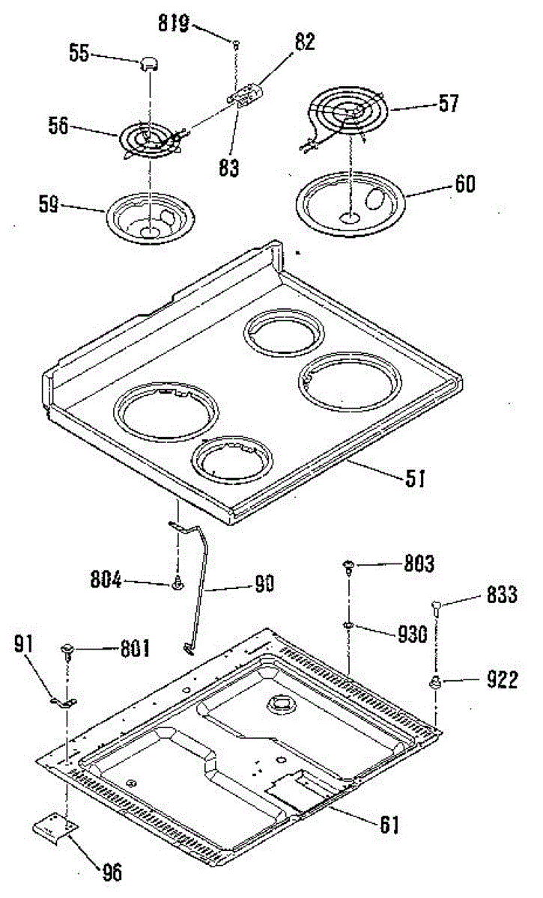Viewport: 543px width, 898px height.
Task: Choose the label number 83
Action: (x=229, y=168)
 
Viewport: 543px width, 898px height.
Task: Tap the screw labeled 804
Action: (x=179, y=583)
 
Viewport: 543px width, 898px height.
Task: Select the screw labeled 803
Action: (x=349, y=566)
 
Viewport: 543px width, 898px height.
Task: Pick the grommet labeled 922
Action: (x=435, y=681)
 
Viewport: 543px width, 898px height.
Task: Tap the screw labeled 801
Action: (x=70, y=648)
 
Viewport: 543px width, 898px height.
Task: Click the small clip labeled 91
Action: (x=65, y=701)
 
